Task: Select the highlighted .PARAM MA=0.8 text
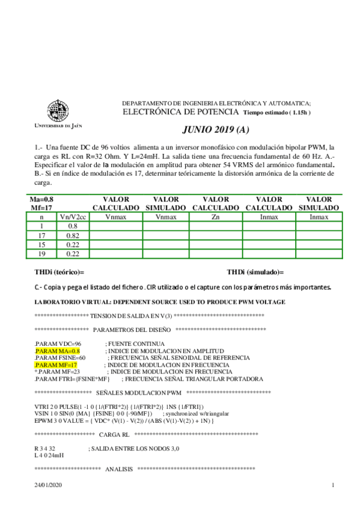[x=58, y=350]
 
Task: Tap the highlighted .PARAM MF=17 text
[x=56, y=364]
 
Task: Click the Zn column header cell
[x=215, y=217]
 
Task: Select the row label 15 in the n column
[x=41, y=245]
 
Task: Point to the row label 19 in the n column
[x=41, y=254]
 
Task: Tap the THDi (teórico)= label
[x=59, y=272]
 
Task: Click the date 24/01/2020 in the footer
[x=48, y=485]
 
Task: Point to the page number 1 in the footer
[x=333, y=485]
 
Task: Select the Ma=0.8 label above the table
[x=41, y=199]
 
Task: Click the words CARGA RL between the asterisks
[x=113, y=434]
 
